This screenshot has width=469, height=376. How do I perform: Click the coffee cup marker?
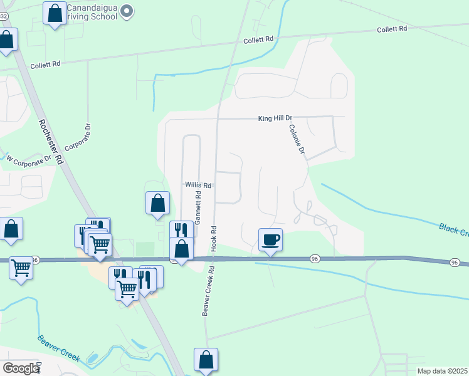pos(270,239)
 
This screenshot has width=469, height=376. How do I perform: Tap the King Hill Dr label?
pos(276,118)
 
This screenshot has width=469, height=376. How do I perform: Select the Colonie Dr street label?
pos(297,139)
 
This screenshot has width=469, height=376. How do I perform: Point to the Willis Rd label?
pos(198,185)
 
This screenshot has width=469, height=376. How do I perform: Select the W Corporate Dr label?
pos(28,160)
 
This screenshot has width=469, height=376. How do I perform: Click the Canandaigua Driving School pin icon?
pos(127,11)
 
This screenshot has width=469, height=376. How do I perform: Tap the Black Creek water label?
pos(453,230)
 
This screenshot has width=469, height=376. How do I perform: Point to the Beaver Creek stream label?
pos(58,348)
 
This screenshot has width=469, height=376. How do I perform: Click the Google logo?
pos(21,368)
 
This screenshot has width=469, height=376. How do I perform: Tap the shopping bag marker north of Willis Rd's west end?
pos(158,202)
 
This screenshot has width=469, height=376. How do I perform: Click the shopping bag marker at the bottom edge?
pos(206,360)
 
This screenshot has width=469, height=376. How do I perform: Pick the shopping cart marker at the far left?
pos(21,268)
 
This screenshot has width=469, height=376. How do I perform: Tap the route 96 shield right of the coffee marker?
pos(315,259)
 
